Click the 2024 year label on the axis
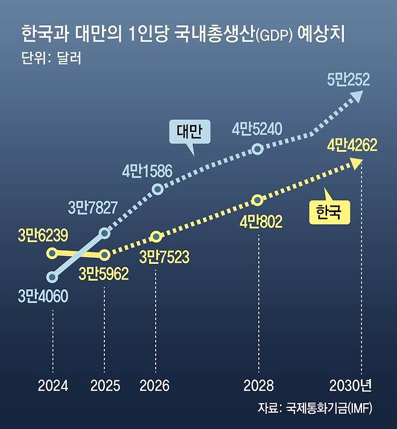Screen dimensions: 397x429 [53, 386]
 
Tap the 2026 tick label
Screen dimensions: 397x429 [154, 386]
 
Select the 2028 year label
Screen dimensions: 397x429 [258, 386]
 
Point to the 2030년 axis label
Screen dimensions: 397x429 [351, 386]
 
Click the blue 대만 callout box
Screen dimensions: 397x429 [190, 131]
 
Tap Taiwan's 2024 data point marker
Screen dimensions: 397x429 [52, 277]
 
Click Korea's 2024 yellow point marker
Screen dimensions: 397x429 [52, 253]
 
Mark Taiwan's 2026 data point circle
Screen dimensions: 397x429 [157, 189]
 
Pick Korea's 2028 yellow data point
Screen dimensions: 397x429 [257, 200]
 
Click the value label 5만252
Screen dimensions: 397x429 [349, 80]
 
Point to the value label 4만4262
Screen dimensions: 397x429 [352, 145]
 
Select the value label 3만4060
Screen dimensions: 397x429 [43, 296]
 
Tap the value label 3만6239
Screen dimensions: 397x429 [43, 236]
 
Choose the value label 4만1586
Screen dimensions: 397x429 [147, 171]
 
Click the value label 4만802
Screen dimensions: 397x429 [261, 222]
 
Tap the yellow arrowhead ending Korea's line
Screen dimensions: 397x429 [355, 163]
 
